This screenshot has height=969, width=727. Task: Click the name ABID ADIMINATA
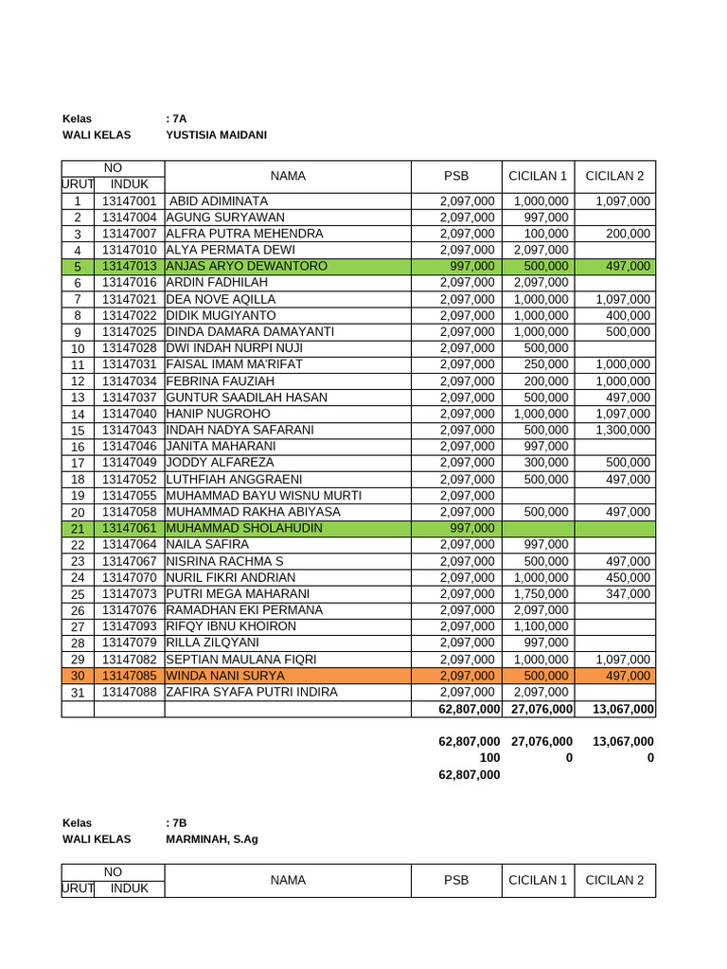point(218,202)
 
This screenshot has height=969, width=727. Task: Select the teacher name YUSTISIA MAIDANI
point(216,135)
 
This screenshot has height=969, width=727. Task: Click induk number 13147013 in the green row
point(129,267)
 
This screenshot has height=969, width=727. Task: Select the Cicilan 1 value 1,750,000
point(541,593)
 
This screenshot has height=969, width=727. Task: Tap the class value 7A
point(176,119)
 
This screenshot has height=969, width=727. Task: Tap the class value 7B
point(176,823)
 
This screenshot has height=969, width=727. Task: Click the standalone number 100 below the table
point(489,758)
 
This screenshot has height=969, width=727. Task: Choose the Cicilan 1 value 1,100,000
point(541,626)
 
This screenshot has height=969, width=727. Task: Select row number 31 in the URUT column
point(78,693)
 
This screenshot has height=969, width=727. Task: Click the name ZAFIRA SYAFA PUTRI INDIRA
point(252,692)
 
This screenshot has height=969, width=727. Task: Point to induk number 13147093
point(129,626)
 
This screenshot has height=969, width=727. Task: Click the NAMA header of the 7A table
point(288,176)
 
